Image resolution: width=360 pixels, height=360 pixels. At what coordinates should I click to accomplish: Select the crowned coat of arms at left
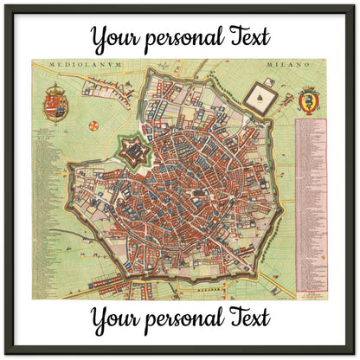(x=56, y=102)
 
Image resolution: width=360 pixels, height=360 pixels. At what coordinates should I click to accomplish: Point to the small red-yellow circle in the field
(x=93, y=125)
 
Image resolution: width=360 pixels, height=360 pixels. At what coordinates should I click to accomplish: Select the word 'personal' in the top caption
(x=188, y=39)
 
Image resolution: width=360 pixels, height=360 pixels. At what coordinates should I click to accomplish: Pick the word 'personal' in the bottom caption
(x=188, y=318)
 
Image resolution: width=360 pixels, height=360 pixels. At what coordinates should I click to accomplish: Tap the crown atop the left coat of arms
(x=56, y=87)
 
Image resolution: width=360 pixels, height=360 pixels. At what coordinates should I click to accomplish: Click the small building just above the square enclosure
(x=268, y=81)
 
